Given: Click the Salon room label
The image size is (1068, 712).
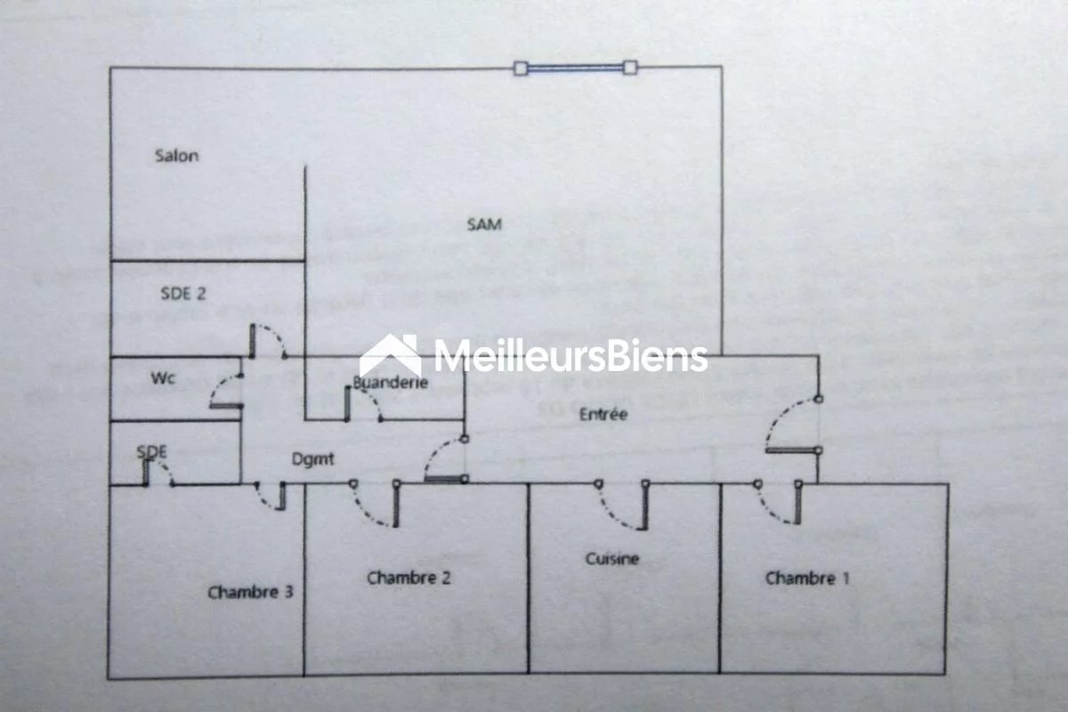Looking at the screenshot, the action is pyautogui.click(x=177, y=156).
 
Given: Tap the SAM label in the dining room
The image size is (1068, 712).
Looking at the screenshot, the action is pyautogui.click(x=484, y=224).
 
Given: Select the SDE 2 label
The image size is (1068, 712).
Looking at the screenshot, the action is pyautogui.click(x=183, y=294).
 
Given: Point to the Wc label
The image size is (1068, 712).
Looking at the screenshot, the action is pyautogui.click(x=163, y=378).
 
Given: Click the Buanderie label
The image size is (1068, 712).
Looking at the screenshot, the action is pyautogui.click(x=391, y=382).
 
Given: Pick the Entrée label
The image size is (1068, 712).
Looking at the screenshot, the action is pyautogui.click(x=603, y=414).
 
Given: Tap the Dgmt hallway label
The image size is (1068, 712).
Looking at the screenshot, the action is pyautogui.click(x=312, y=458).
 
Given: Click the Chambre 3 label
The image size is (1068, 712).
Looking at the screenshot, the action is pyautogui.click(x=250, y=593).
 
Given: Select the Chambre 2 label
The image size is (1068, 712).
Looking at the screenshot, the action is pyautogui.click(x=409, y=578).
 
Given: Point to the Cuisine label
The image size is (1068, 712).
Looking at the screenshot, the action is pyautogui.click(x=612, y=558).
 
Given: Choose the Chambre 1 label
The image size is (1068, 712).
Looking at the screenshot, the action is pyautogui.click(x=807, y=578).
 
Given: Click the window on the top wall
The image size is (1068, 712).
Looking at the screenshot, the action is pyautogui.click(x=576, y=69).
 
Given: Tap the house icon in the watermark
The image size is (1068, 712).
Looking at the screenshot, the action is pyautogui.click(x=390, y=355).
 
